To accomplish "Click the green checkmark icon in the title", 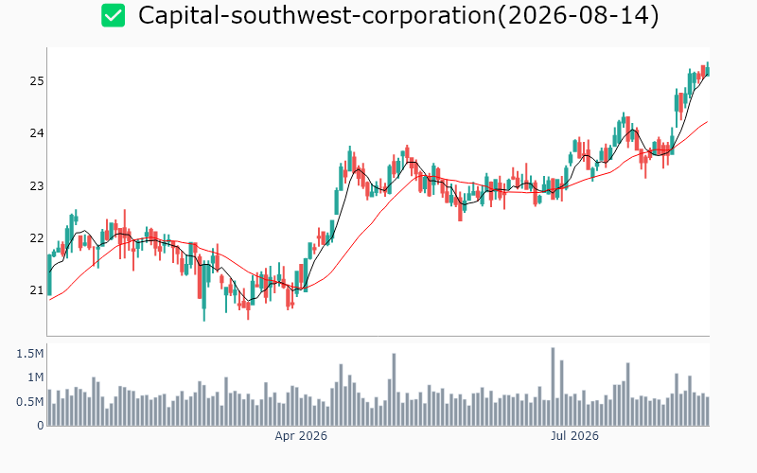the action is tap(113, 15).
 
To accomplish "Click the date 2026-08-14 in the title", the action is tap(578, 15).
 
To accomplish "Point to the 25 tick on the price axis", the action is tap(37, 81).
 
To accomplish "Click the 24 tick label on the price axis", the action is tap(37, 133).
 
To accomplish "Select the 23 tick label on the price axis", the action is tap(37, 185).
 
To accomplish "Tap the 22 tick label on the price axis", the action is tap(37, 238).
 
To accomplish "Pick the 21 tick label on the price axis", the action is tap(37, 290).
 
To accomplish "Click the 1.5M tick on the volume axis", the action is tap(30, 354).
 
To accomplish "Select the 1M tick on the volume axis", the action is tap(35, 377).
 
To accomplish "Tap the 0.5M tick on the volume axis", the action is tap(30, 401).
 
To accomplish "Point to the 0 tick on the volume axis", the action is tap(41, 426).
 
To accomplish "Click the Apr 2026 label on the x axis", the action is tap(301, 436).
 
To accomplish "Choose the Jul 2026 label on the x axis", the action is tap(574, 436).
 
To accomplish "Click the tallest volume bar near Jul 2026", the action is tap(553, 387).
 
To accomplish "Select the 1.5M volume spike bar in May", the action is tap(394, 390).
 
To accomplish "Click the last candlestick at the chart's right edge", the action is tap(707, 69).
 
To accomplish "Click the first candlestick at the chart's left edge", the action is tap(49, 274).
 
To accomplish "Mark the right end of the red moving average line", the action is tap(707, 122).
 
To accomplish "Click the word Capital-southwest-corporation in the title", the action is tap(317, 15).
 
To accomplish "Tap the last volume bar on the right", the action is tap(707, 412).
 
